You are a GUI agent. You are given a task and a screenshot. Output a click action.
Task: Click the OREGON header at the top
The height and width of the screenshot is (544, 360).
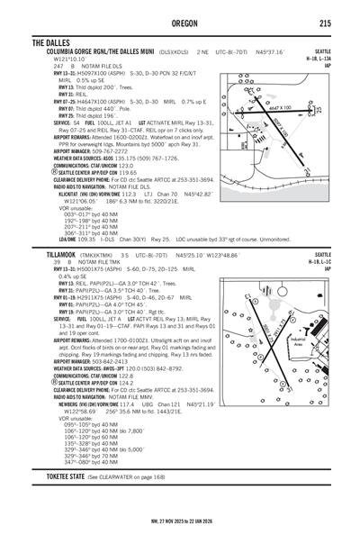tap(180, 22)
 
